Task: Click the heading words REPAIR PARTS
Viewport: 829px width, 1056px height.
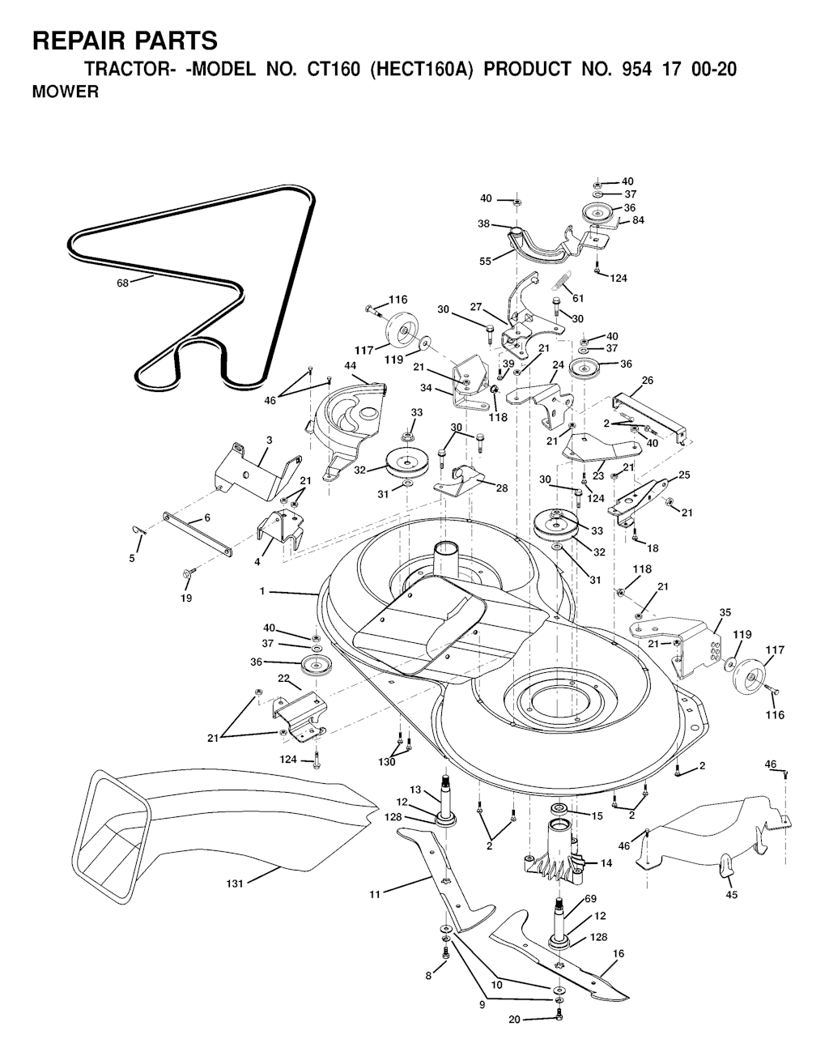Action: [x=125, y=40]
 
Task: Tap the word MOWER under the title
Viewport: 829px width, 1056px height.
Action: [x=66, y=92]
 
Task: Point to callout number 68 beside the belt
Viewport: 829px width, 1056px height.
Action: [x=122, y=283]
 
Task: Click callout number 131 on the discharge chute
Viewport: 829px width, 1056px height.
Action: [x=235, y=884]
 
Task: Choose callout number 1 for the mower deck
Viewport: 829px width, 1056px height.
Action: [x=262, y=591]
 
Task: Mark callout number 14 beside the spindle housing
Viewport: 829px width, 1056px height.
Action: [x=606, y=863]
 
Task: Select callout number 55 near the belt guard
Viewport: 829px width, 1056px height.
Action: [x=485, y=261]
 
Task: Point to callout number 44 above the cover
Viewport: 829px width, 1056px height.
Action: [x=351, y=365]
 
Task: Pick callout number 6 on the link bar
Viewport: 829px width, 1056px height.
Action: [x=207, y=518]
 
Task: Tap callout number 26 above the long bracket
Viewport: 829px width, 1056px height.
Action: [x=648, y=380]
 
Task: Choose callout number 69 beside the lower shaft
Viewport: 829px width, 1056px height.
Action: [x=590, y=899]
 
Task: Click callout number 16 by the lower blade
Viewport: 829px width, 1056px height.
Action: [x=619, y=954]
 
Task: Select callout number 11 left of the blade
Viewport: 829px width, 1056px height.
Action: [x=375, y=893]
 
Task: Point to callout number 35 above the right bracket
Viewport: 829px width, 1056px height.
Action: [x=725, y=612]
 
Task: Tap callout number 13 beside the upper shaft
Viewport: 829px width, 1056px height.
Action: [x=415, y=790]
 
